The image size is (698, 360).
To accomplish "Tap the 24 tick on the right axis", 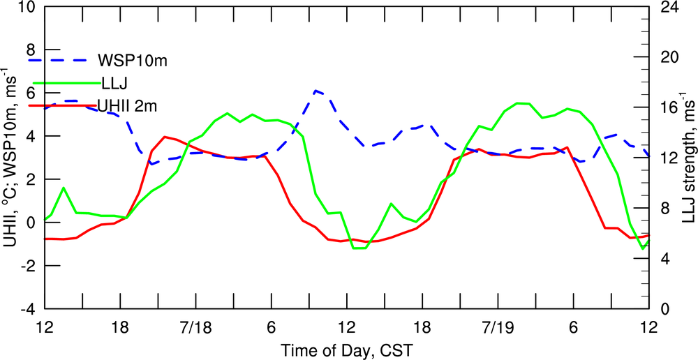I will tap(669, 8).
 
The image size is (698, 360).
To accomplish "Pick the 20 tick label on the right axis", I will tap(669, 58).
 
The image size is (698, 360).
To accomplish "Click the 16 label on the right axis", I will tap(669, 108).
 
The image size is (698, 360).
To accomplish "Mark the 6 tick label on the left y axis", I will tap(29, 93).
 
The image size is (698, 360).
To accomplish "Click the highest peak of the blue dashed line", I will tap(317, 91).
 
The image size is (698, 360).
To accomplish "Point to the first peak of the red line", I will tap(165, 137).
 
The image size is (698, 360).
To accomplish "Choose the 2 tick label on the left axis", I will tap(29, 179).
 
